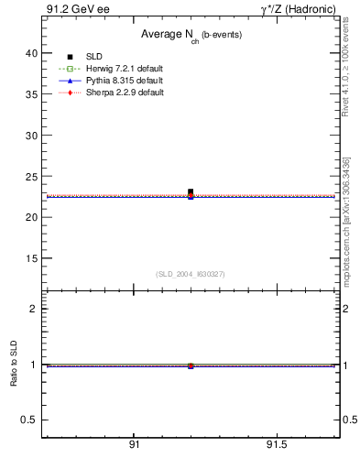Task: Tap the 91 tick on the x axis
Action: (x=135, y=444)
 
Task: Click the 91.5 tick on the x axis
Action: (x=278, y=444)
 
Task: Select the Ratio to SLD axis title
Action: (x=14, y=365)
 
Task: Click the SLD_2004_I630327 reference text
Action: (x=190, y=273)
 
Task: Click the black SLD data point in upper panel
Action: (x=191, y=192)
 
